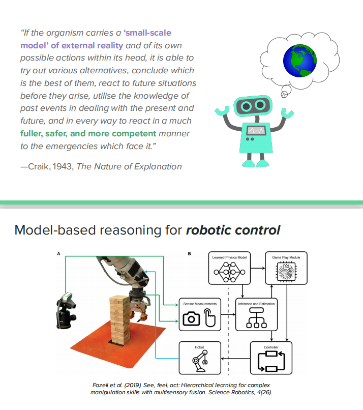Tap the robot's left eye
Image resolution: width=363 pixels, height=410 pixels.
244,106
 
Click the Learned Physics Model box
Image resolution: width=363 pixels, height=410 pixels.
229,269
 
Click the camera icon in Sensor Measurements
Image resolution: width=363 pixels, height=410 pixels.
191,319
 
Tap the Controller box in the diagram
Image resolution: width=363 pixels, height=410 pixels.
271,359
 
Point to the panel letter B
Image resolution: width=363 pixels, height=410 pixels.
190,253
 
